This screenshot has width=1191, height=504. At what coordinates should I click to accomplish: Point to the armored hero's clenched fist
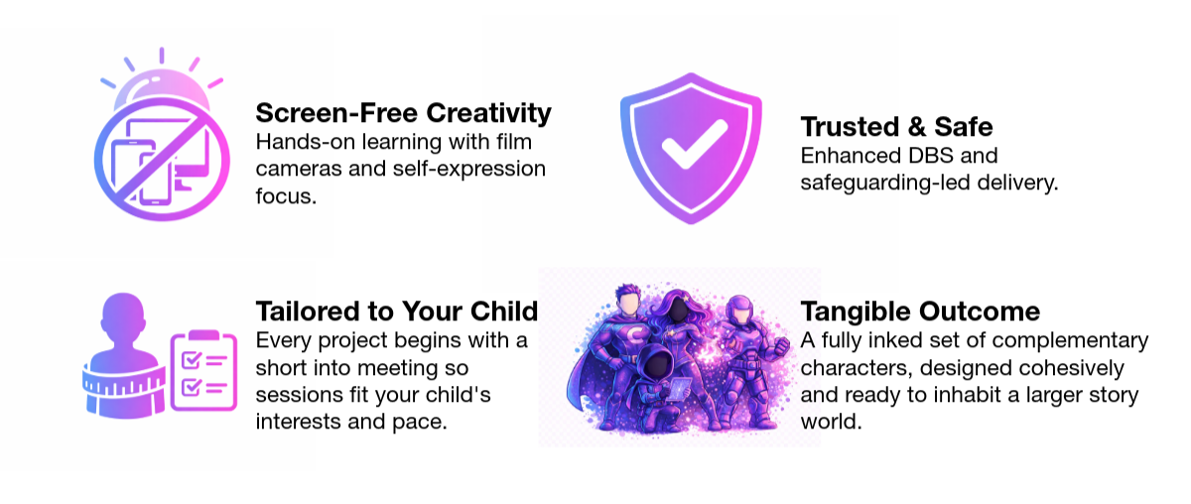point(780,344)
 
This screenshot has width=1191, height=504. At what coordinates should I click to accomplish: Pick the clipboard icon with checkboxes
point(203,371)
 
